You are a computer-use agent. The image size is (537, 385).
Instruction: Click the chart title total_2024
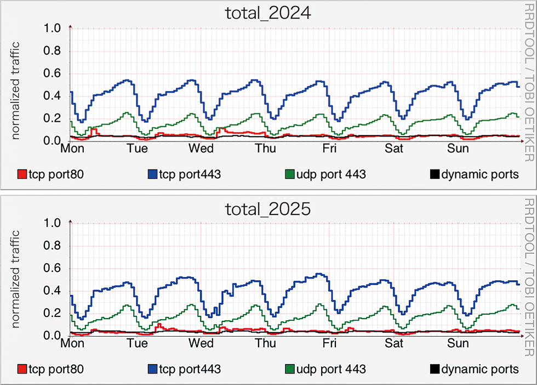tap(268, 13)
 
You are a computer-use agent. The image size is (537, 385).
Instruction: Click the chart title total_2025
tap(268, 208)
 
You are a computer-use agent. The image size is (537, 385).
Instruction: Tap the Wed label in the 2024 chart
tap(202, 149)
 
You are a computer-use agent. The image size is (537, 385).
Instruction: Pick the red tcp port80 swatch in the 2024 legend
tap(22, 174)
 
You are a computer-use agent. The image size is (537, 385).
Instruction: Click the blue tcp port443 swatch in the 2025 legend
tap(152, 369)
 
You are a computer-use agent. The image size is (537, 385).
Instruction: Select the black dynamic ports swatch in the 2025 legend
tap(434, 369)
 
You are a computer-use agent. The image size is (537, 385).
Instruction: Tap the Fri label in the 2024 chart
tap(329, 149)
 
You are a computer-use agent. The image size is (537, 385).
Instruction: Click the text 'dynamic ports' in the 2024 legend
tap(479, 174)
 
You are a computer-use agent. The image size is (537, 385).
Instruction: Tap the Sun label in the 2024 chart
tap(458, 149)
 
